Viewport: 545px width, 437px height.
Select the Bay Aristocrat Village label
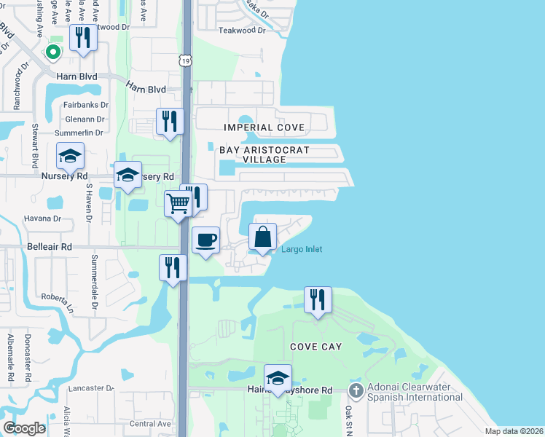click(265, 154)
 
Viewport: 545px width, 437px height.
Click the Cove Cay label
click(316, 347)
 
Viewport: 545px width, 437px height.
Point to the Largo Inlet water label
click(302, 250)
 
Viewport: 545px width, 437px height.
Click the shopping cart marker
click(177, 204)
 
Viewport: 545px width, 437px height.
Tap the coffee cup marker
click(206, 239)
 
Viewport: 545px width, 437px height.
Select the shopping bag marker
click(263, 236)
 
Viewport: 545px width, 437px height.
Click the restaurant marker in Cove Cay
click(318, 299)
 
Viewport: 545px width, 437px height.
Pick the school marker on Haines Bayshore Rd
click(278, 377)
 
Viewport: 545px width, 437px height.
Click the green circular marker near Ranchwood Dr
click(52, 52)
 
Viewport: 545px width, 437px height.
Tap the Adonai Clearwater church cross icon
click(355, 392)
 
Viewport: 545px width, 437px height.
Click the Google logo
click(24, 428)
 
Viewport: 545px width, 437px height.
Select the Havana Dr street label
click(43, 219)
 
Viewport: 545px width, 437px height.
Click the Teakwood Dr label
click(244, 31)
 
